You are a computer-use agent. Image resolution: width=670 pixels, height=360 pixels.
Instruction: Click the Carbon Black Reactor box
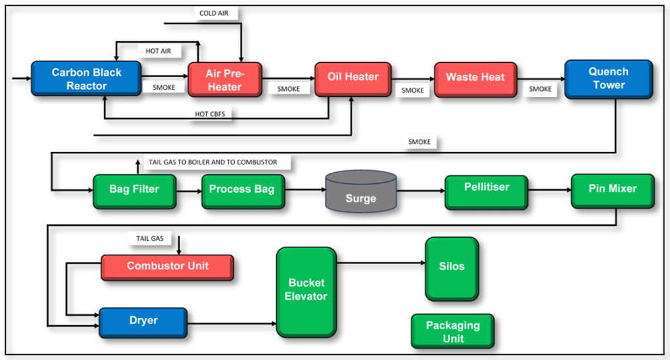pos(86,79)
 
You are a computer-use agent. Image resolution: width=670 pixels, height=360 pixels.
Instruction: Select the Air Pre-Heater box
pos(224,81)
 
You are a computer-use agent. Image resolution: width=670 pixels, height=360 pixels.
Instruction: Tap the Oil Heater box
pos(353,78)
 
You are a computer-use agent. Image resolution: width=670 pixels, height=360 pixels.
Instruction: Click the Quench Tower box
pos(608,78)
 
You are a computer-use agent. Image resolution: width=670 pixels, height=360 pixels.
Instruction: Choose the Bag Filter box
pos(133,190)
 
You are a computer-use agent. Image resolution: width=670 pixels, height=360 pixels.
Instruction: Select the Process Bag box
pos(243,190)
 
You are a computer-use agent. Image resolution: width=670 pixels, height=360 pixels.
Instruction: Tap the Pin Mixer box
pos(612,190)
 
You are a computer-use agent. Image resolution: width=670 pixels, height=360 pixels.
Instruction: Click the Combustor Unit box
pos(167,266)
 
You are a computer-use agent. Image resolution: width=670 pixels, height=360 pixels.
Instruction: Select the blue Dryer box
pos(143,321)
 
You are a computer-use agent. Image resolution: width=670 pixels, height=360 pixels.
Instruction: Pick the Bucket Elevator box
pos(307,291)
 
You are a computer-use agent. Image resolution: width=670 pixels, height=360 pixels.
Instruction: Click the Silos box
pos(451,268)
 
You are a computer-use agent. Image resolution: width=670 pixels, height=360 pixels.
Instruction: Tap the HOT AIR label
pos(159,50)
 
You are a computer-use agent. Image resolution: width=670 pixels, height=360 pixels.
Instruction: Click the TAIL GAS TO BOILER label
pos(213,162)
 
